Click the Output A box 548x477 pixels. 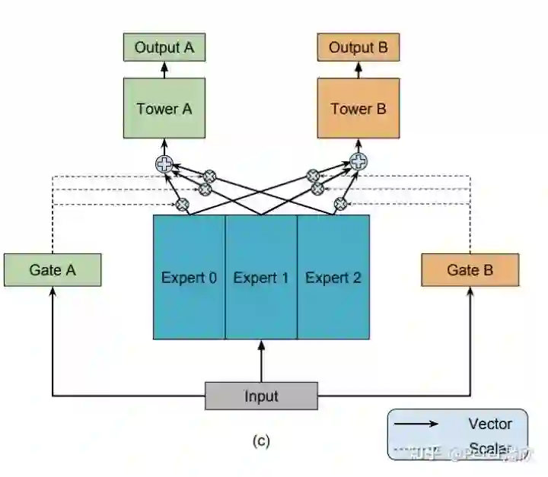(164, 48)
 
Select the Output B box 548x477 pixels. (358, 48)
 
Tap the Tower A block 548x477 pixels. (164, 108)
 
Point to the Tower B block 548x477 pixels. (358, 108)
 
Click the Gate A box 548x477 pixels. (53, 270)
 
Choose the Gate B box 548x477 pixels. (470, 270)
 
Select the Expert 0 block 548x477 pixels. (189, 277)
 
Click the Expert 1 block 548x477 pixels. (261, 277)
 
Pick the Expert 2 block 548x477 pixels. (333, 277)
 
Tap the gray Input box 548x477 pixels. (261, 396)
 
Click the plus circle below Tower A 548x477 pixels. (164, 163)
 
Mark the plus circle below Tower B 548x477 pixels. (358, 161)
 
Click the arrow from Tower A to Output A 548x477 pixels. (164, 70)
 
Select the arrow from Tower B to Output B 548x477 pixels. (358, 70)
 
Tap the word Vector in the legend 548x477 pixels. (490, 425)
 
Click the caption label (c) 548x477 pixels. (261, 440)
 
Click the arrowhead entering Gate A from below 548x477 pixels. (53, 292)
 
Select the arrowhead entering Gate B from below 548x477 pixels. (470, 292)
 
